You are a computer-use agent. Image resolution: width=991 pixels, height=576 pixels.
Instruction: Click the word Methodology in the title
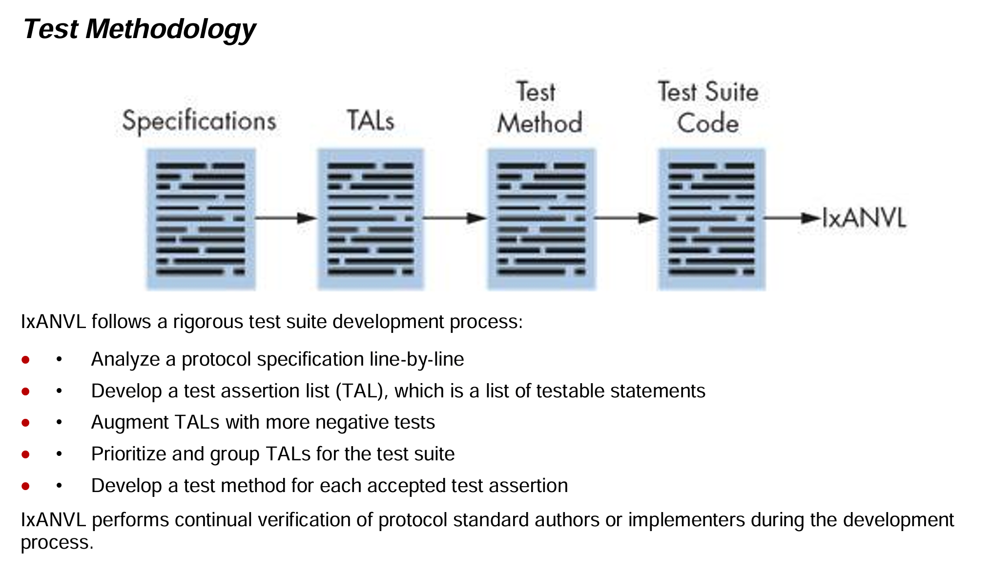click(x=171, y=29)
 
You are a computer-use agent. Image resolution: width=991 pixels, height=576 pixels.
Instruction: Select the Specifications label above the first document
click(x=199, y=121)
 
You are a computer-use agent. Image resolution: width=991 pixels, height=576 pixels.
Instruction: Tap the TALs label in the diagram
click(x=371, y=120)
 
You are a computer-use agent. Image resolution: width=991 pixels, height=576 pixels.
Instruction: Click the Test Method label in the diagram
click(x=539, y=107)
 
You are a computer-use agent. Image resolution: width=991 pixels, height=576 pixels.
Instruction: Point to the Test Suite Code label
click(x=708, y=107)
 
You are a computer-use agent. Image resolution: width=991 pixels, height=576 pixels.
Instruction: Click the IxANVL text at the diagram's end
click(x=864, y=218)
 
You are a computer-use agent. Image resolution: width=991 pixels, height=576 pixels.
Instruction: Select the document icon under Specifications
click(x=201, y=219)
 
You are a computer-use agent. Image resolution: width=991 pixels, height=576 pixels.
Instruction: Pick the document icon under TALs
click(x=371, y=219)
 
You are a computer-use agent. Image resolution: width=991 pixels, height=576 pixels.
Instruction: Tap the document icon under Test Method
click(x=541, y=219)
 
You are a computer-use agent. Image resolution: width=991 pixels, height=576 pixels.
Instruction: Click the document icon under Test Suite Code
click(x=712, y=219)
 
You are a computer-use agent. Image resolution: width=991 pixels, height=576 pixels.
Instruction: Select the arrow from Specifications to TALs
click(x=286, y=218)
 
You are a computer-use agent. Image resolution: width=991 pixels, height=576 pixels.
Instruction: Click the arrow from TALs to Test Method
click(x=455, y=218)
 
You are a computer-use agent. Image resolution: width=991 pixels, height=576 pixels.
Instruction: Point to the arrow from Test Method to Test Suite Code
click(x=627, y=218)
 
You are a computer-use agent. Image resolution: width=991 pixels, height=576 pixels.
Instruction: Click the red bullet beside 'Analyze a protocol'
click(x=25, y=360)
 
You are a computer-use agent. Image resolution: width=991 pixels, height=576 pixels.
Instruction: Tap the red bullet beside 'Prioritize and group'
click(x=25, y=454)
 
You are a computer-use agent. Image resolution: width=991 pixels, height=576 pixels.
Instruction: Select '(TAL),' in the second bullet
click(x=362, y=391)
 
